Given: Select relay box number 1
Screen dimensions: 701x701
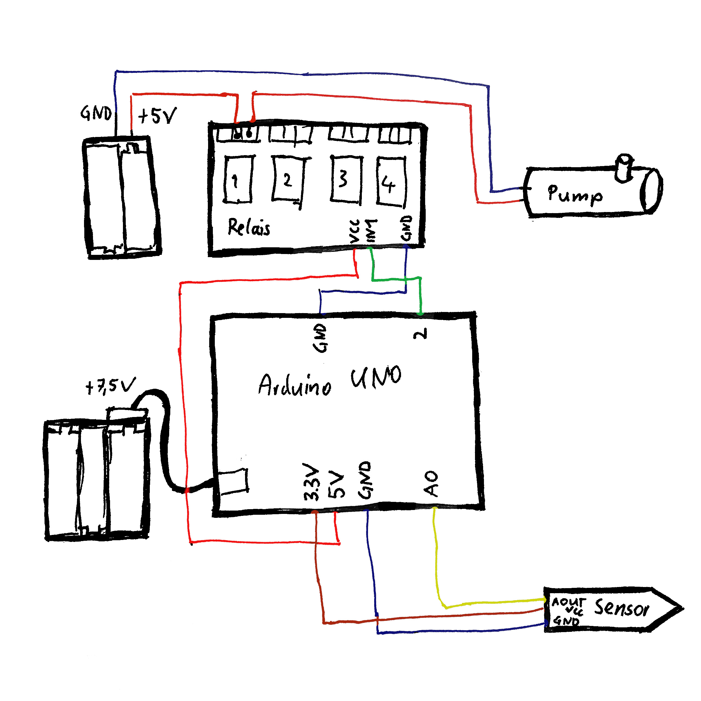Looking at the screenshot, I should (238, 180).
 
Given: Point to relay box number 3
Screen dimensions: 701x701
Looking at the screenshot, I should (346, 179).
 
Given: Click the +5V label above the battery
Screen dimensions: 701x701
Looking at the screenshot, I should (157, 116).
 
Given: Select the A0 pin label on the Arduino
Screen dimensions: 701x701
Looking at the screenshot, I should (431, 483).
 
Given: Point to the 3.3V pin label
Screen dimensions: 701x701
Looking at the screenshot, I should (311, 482).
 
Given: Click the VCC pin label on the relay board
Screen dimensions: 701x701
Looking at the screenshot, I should (355, 231).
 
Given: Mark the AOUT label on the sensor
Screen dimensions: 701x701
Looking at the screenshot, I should (568, 602).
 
